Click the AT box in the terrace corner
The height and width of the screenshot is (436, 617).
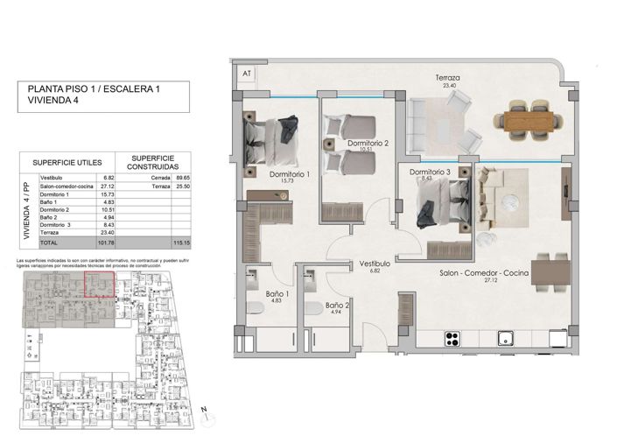coord(247,74)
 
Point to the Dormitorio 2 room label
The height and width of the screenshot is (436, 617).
coord(367,144)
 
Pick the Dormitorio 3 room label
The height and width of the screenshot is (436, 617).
coord(430,172)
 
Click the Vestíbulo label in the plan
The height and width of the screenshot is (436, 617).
coord(375,264)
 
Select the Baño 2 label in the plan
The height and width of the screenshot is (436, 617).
coord(339,306)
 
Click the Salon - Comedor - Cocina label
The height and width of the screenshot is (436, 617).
coord(495,274)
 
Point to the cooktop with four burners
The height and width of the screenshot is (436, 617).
coord(453,337)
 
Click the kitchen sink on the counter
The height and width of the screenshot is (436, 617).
coord(504,337)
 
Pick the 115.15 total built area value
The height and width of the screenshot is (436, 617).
coord(181,243)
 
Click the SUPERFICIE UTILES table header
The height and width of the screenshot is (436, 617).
coord(67,162)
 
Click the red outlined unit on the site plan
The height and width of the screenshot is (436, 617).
coord(99,285)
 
